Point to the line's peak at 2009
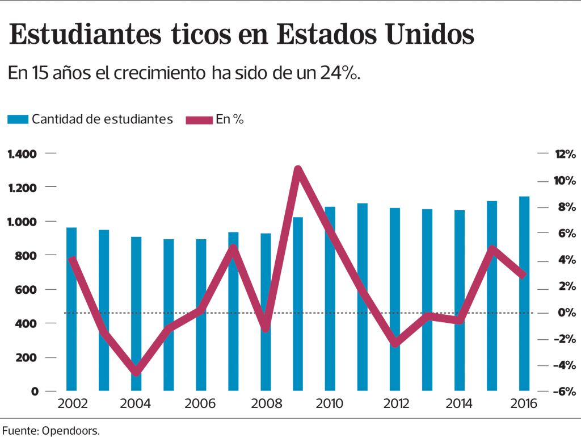[298, 169]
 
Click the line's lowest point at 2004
[136, 373]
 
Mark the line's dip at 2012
[395, 344]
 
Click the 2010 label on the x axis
[330, 404]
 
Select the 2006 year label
[200, 404]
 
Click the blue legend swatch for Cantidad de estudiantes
[18, 119]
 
